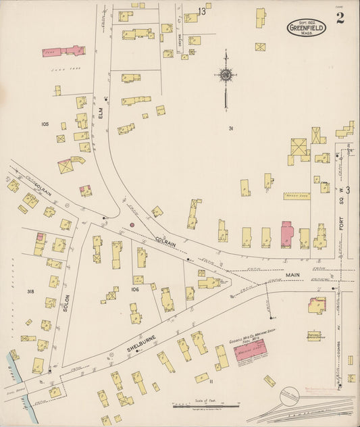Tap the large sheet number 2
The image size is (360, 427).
point(339,18)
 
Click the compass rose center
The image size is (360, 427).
point(225,75)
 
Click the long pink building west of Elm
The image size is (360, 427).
point(63,51)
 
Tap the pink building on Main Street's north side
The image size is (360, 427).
point(286,234)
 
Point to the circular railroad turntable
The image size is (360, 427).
point(290,399)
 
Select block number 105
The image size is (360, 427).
point(46,124)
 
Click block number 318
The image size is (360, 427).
point(30,291)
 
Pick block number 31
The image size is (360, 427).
point(231,128)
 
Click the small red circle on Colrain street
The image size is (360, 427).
point(132,224)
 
